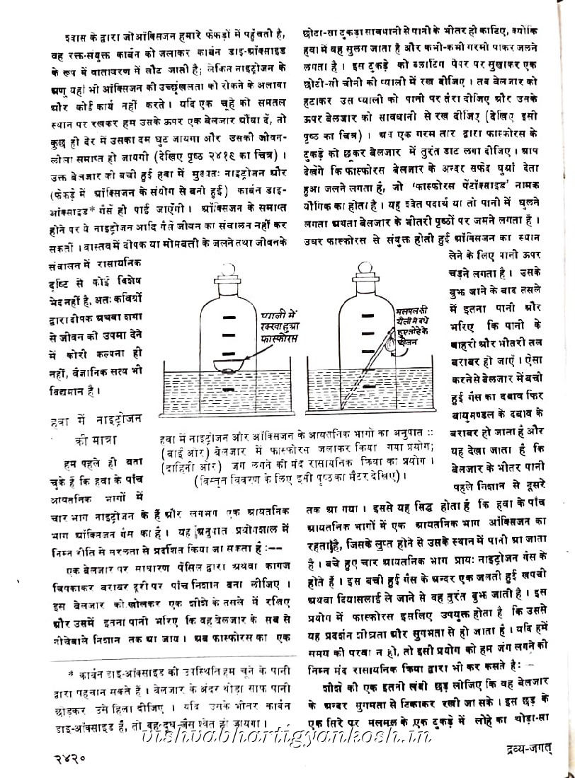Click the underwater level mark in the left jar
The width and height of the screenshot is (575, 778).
[228, 389]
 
